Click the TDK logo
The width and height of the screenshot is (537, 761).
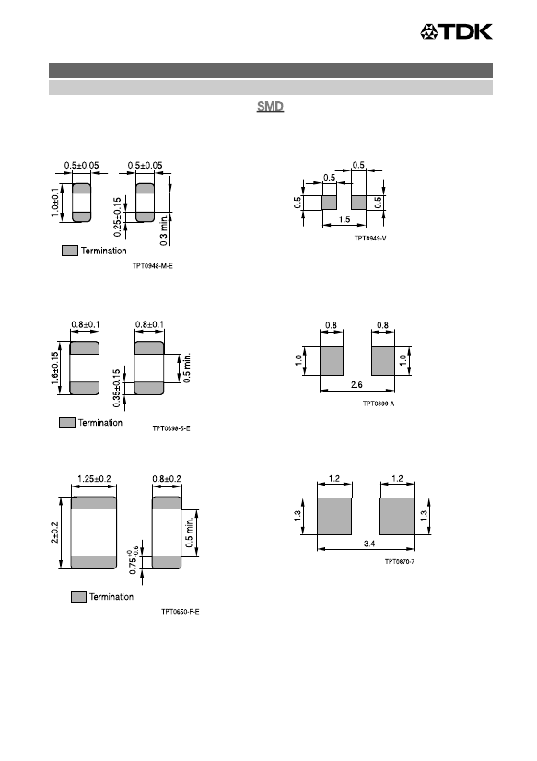pyautogui.click(x=456, y=31)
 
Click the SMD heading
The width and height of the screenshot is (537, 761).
pyautogui.click(x=270, y=106)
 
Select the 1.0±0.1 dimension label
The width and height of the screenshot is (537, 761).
pyautogui.click(x=55, y=203)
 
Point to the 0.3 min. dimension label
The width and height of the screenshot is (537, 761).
pyautogui.click(x=163, y=229)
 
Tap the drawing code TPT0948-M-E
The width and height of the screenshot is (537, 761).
pyautogui.click(x=153, y=266)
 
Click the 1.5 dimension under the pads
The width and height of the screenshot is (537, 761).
pyautogui.click(x=344, y=219)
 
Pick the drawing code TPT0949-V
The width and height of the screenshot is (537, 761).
pyautogui.click(x=370, y=239)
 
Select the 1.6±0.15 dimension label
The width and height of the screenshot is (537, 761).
pyautogui.click(x=55, y=369)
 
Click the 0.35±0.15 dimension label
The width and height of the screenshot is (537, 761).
pyautogui.click(x=116, y=388)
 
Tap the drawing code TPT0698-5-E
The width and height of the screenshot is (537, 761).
pyautogui.click(x=171, y=428)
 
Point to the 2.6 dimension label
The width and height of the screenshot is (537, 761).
pyautogui.click(x=356, y=384)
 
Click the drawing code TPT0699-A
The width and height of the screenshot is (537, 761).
pyautogui.click(x=379, y=404)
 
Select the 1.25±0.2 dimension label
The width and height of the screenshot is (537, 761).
pyautogui.click(x=94, y=479)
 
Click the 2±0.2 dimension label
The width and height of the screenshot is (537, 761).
pyautogui.click(x=55, y=533)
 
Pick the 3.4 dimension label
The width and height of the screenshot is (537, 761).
pyautogui.click(x=369, y=544)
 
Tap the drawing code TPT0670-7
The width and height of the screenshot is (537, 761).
pyautogui.click(x=400, y=561)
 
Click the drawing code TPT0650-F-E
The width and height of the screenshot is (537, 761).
pyautogui.click(x=181, y=612)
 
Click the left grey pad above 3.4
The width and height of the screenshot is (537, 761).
pyautogui.click(x=334, y=516)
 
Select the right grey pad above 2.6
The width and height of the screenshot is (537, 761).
pyautogui.click(x=383, y=361)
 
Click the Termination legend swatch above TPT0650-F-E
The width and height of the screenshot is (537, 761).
pyautogui.click(x=78, y=597)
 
